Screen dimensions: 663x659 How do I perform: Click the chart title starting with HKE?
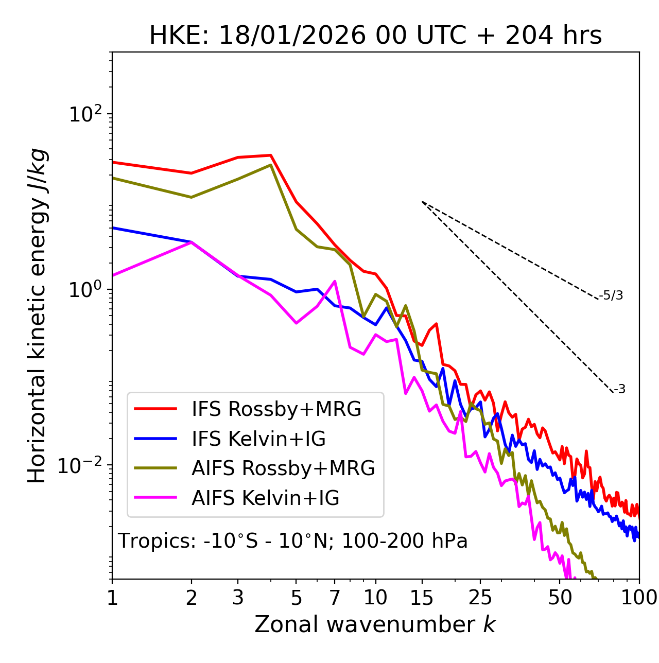[x=375, y=36]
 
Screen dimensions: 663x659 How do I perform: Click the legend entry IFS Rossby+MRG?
[x=276, y=409]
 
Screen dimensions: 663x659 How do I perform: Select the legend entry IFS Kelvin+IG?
[x=258, y=439]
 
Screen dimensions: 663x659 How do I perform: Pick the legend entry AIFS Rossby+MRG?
[x=283, y=468]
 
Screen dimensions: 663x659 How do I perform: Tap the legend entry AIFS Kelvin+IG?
[x=265, y=498]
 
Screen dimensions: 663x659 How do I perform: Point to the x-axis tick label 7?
[x=335, y=598]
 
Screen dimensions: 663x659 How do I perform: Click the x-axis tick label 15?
[x=422, y=598]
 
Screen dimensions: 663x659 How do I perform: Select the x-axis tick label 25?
[x=480, y=598]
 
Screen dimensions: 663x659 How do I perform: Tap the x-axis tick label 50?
[x=560, y=598]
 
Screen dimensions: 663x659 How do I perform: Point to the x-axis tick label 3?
[x=238, y=598]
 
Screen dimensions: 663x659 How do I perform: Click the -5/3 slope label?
[x=611, y=295]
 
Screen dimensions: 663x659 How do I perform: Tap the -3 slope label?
[x=619, y=390]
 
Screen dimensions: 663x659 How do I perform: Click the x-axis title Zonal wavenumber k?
[x=375, y=625]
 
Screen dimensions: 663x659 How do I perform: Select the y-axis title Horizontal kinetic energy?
[x=37, y=316]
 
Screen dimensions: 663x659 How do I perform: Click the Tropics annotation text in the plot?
[x=293, y=542]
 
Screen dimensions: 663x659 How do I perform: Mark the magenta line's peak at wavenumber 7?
[x=335, y=281]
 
